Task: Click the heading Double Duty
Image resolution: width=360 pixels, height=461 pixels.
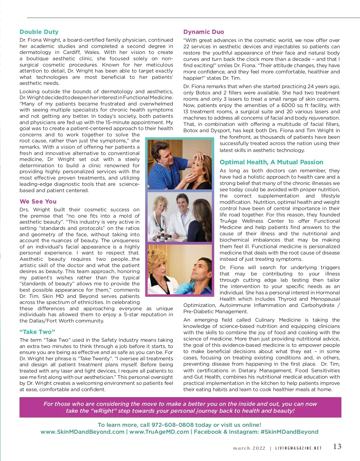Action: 39,32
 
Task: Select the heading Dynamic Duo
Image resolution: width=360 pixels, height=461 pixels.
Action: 204,32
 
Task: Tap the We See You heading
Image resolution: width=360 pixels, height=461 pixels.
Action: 38,201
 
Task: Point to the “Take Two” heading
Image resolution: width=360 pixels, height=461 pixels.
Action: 37,332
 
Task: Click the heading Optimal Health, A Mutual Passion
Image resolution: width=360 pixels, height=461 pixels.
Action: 271,162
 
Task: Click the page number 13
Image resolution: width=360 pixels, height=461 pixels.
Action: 337,447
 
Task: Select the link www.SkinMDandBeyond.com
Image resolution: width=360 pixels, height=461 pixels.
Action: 82,432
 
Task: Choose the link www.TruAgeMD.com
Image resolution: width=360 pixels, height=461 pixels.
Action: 159,432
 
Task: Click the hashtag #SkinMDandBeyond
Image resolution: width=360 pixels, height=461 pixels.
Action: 289,432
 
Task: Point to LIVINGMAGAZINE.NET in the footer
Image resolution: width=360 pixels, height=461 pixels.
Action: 298,448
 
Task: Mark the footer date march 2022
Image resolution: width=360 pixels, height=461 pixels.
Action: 249,448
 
